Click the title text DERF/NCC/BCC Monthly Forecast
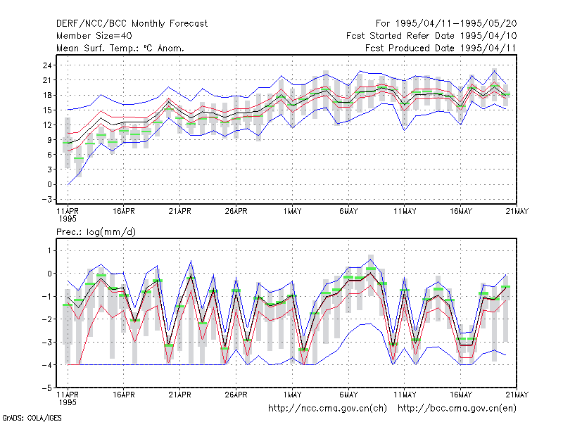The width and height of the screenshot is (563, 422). tap(132, 24)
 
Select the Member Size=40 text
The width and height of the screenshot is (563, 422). tap(94, 36)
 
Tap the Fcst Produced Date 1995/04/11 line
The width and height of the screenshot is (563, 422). tap(441, 48)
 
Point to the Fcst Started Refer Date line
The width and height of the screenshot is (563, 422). tap(431, 36)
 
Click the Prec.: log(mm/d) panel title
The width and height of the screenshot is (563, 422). tap(96, 232)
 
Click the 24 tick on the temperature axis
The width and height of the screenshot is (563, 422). tap(47, 65)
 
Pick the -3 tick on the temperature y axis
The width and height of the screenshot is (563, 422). tap(47, 199)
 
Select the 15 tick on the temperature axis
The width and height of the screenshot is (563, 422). tap(47, 110)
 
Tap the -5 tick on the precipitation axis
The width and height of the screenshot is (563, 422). tap(47, 388)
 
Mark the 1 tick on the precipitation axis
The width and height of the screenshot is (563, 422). tap(49, 250)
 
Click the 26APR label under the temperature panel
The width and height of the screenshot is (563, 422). tap(236, 211)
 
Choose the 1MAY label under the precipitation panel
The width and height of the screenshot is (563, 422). tap(292, 395)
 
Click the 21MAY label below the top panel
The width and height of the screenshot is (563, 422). tap(517, 211)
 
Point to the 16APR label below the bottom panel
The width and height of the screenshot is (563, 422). tap(124, 395)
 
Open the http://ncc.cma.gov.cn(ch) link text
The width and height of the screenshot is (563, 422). tap(327, 409)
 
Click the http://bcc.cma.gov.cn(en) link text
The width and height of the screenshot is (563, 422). tap(457, 409)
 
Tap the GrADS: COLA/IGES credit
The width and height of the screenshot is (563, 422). tap(32, 418)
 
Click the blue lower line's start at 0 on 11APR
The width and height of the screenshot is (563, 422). tap(68, 184)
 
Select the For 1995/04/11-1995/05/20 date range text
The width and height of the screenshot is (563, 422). tap(446, 24)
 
